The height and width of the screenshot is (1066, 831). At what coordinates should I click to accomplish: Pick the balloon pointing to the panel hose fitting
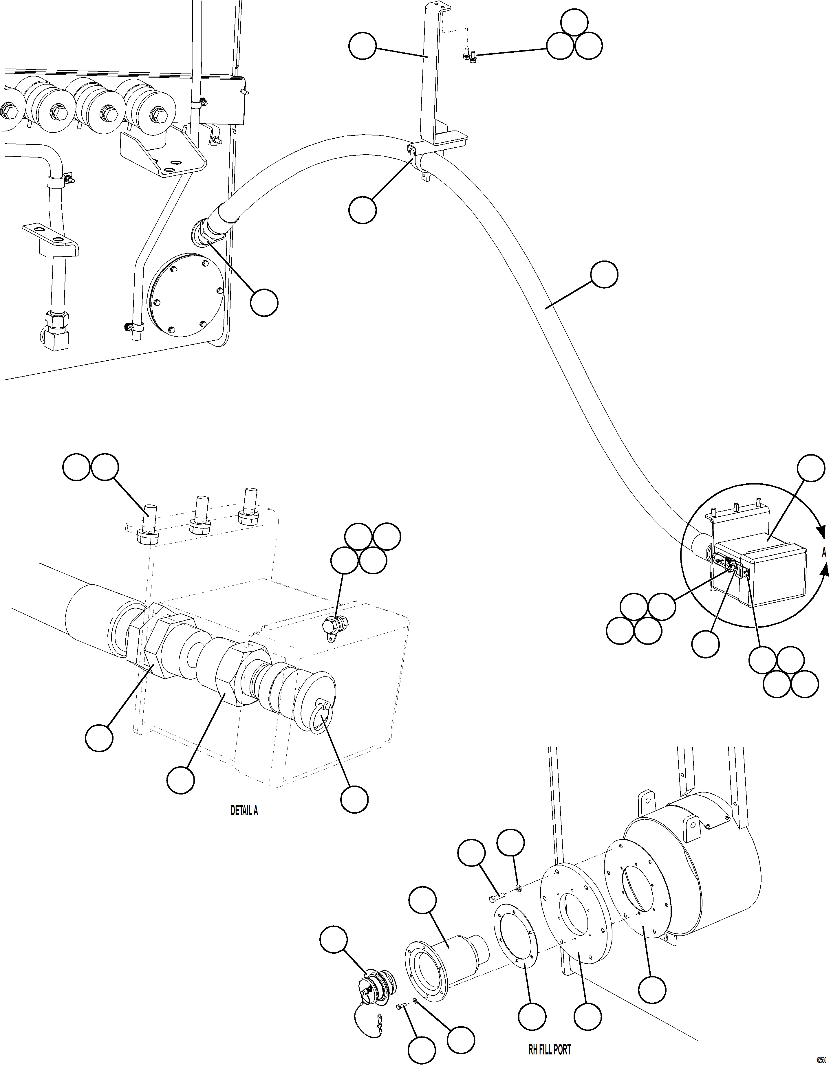click(x=264, y=303)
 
